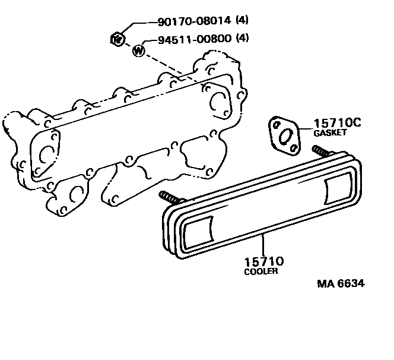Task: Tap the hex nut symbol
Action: tap(117, 40)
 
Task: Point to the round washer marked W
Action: tap(139, 50)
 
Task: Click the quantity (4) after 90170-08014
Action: tap(242, 21)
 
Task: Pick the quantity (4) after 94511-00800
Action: tap(242, 40)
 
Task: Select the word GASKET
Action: tap(329, 134)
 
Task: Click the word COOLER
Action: tap(261, 271)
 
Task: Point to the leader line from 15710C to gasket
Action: tap(304, 128)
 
